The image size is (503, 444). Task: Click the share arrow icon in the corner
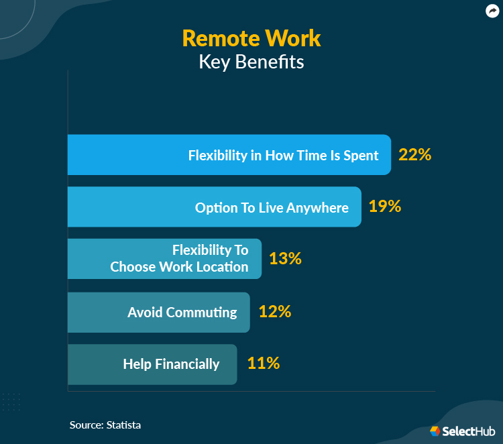(x=491, y=11)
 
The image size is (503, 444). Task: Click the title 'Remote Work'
(x=251, y=38)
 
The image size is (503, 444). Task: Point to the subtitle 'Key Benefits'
(x=251, y=62)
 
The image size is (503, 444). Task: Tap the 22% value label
(x=414, y=155)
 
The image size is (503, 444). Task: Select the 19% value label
(x=385, y=207)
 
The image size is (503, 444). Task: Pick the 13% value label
(x=285, y=259)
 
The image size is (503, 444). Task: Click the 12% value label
(x=274, y=311)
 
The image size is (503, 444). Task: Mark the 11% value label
(x=263, y=364)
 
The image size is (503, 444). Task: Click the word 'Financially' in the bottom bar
(x=187, y=364)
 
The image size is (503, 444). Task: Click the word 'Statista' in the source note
(x=123, y=425)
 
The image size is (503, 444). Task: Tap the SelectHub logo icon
(x=435, y=431)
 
